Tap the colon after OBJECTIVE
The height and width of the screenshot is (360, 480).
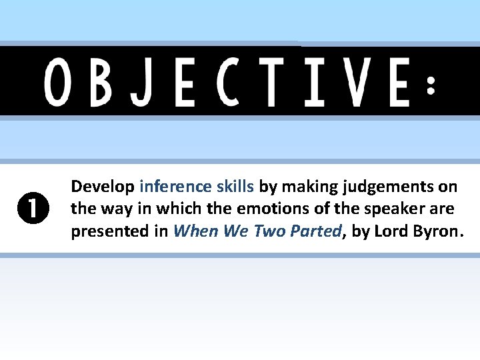pos(432,85)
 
